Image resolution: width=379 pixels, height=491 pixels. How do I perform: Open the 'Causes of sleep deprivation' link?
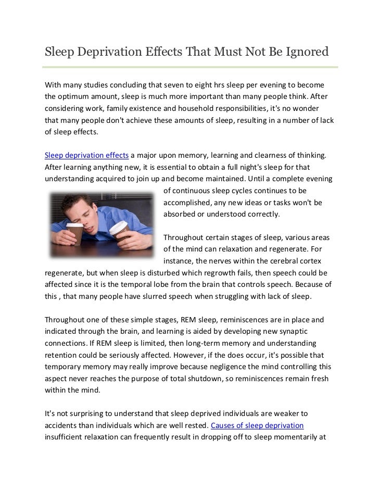(257, 425)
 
